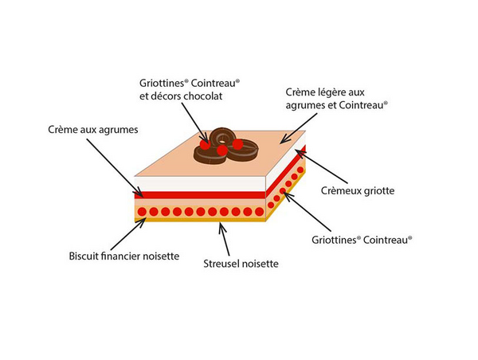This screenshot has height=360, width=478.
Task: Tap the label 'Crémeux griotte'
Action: tap(357, 190)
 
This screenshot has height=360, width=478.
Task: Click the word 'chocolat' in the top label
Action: tap(199, 96)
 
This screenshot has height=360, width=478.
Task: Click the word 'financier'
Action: tap(129, 256)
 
